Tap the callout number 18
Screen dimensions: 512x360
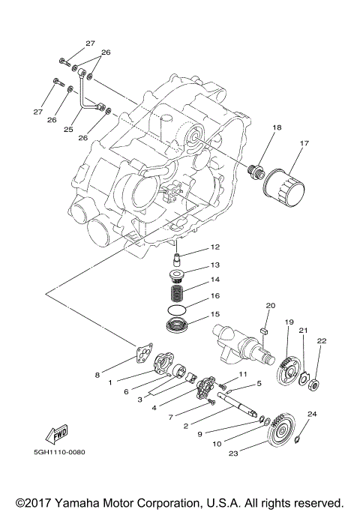256,128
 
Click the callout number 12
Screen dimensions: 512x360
214,247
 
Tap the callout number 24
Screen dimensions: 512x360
313,413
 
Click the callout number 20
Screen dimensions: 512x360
271,305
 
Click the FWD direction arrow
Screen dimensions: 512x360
57,435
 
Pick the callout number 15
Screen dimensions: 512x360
214,314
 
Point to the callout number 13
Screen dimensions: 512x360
214,265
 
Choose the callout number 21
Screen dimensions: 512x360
304,331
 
